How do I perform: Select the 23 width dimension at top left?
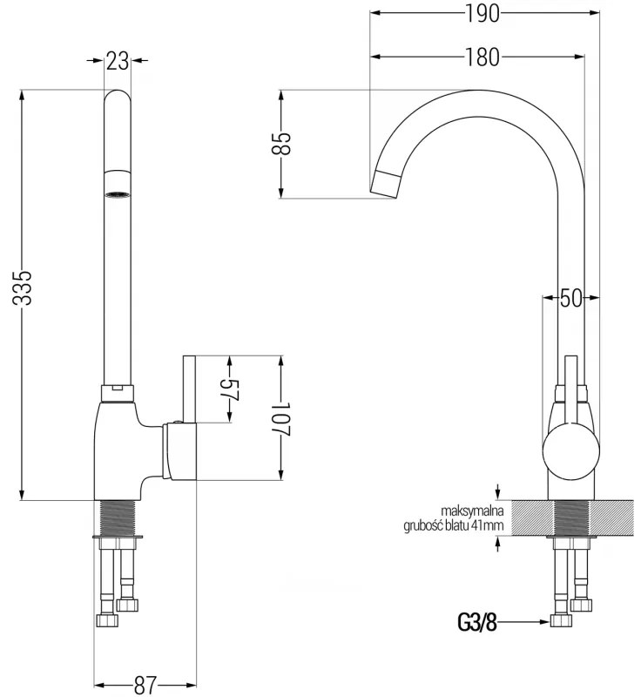[x=118, y=60]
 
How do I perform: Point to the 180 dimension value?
[x=481, y=58]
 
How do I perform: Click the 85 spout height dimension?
[x=281, y=143]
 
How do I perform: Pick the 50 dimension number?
[x=570, y=298]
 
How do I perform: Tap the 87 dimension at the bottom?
[x=145, y=686]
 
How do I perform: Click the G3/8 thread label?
[x=476, y=622]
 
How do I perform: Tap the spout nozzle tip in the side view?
[x=386, y=184]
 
